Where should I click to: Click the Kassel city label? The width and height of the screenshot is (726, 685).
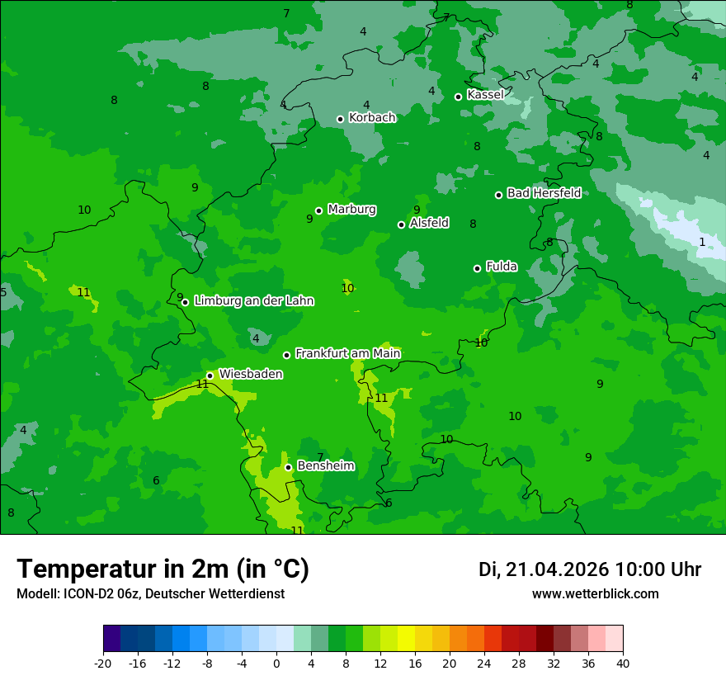pos(485,95)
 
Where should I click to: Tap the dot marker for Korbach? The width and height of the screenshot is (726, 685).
pos(340,119)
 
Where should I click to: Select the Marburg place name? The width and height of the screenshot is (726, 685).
pos(351,210)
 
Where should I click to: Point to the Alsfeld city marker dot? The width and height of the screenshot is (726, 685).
pos(401,224)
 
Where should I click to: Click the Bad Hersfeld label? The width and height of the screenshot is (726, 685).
pos(544,193)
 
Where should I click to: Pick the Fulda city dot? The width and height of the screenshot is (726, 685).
pos(477,268)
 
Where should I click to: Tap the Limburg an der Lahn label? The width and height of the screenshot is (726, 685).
pos(253,301)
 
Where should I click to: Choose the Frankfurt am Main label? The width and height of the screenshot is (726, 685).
pos(347,353)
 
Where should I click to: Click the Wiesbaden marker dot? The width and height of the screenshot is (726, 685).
pos(210,376)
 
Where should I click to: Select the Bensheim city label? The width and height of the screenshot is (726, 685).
pos(325,466)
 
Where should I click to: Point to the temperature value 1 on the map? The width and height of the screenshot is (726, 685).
pos(702,242)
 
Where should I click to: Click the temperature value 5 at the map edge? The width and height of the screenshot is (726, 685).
pos(3,292)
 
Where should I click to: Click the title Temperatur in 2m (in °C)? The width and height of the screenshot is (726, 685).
pos(163,569)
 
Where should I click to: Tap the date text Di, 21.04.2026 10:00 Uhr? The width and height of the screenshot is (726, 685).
pos(589,569)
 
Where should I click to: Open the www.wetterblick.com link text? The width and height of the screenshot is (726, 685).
pos(595,594)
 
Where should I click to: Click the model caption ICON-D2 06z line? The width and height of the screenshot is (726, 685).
pos(150,594)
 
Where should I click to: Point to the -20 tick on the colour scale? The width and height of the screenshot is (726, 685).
pos(103,663)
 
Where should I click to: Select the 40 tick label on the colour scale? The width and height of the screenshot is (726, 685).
pos(623,663)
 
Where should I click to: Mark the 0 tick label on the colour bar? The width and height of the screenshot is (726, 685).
pos(276,663)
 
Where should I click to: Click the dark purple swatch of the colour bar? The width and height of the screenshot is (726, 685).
pos(111,639)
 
